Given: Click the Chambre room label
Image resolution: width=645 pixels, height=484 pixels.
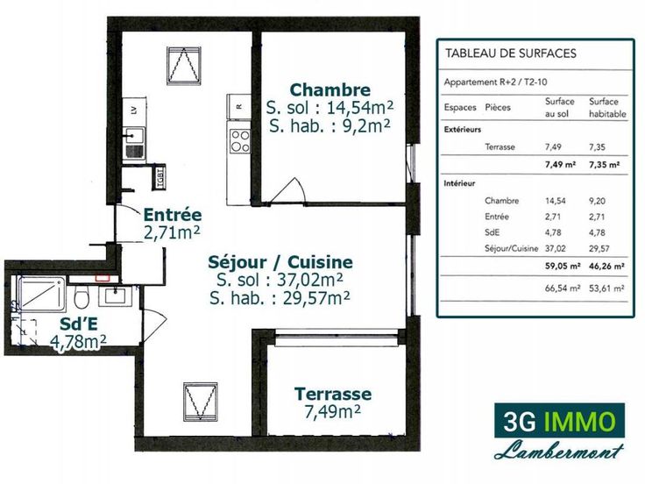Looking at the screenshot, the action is (x=330, y=89).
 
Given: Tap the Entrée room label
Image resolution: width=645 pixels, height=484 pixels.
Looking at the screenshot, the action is (x=173, y=215).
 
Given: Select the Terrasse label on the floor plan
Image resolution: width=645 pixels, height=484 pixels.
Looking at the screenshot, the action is (x=333, y=394).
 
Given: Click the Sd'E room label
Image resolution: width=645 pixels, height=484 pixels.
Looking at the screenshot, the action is (x=79, y=324).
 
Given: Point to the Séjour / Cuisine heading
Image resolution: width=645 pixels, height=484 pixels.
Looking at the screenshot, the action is (x=280, y=262).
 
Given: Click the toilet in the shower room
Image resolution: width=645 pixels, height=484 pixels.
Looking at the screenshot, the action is (x=82, y=296).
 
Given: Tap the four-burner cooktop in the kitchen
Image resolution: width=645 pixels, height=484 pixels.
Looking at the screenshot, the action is (x=240, y=141).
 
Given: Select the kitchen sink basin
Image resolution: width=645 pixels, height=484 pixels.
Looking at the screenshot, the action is (x=134, y=135).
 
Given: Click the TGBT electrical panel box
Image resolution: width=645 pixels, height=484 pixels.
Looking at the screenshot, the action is (x=160, y=177).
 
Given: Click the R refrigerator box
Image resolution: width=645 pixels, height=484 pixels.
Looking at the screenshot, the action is (x=239, y=106).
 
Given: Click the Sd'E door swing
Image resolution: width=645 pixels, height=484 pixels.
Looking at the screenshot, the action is (x=154, y=325).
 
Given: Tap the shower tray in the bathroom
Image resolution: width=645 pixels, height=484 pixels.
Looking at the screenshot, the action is (x=41, y=293).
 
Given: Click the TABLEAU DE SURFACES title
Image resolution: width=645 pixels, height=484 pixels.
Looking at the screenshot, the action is (x=511, y=53).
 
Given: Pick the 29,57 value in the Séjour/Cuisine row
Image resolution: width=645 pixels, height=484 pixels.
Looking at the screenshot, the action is (x=599, y=249).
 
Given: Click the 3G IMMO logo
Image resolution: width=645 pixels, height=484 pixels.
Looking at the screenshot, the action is (x=559, y=421).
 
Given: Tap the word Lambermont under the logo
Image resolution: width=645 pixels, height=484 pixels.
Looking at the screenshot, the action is (x=559, y=451).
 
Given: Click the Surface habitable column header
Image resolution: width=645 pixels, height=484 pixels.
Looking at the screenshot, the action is (x=607, y=108).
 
